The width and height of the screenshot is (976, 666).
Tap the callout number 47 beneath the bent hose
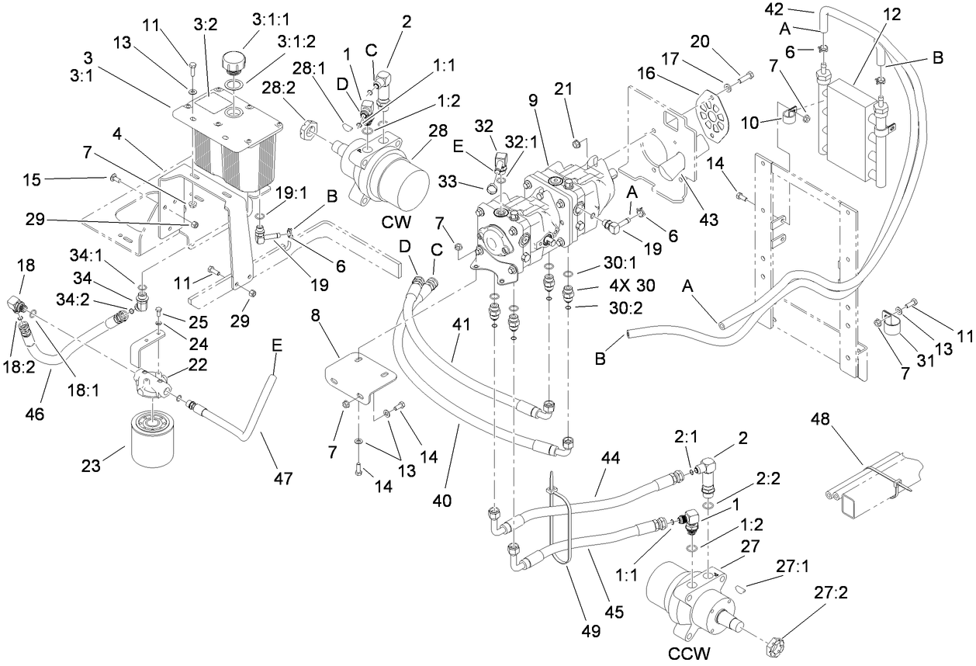pyautogui.click(x=283, y=479)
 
